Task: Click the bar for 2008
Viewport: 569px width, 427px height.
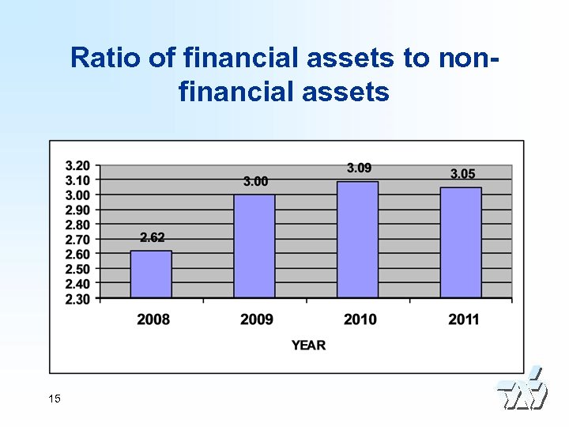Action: click(151, 274)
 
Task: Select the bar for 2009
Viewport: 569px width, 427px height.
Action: click(254, 246)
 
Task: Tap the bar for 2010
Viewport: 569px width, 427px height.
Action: click(358, 240)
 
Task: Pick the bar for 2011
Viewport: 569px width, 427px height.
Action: click(461, 242)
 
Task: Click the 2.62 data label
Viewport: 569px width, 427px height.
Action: click(153, 237)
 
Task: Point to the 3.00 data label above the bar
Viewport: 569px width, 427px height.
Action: click(255, 181)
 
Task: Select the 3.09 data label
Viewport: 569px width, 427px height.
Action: click(359, 168)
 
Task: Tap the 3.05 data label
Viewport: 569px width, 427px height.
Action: click(462, 174)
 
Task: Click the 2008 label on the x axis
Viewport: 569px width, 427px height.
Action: click(153, 319)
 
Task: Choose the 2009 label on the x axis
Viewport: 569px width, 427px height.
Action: click(257, 319)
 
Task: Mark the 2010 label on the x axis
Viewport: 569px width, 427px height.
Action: click(360, 319)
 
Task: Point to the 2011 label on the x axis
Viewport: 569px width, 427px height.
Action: click(463, 319)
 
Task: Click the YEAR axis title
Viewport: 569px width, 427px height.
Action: click(308, 346)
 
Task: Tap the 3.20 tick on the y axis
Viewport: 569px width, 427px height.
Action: click(77, 165)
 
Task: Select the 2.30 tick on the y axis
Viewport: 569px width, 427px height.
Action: click(77, 298)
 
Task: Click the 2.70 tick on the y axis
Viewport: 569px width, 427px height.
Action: click(77, 239)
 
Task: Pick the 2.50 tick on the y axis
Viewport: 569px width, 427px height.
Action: click(77, 269)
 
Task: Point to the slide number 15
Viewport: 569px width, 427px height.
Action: click(54, 399)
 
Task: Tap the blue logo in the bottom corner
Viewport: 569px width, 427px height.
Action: click(522, 390)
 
